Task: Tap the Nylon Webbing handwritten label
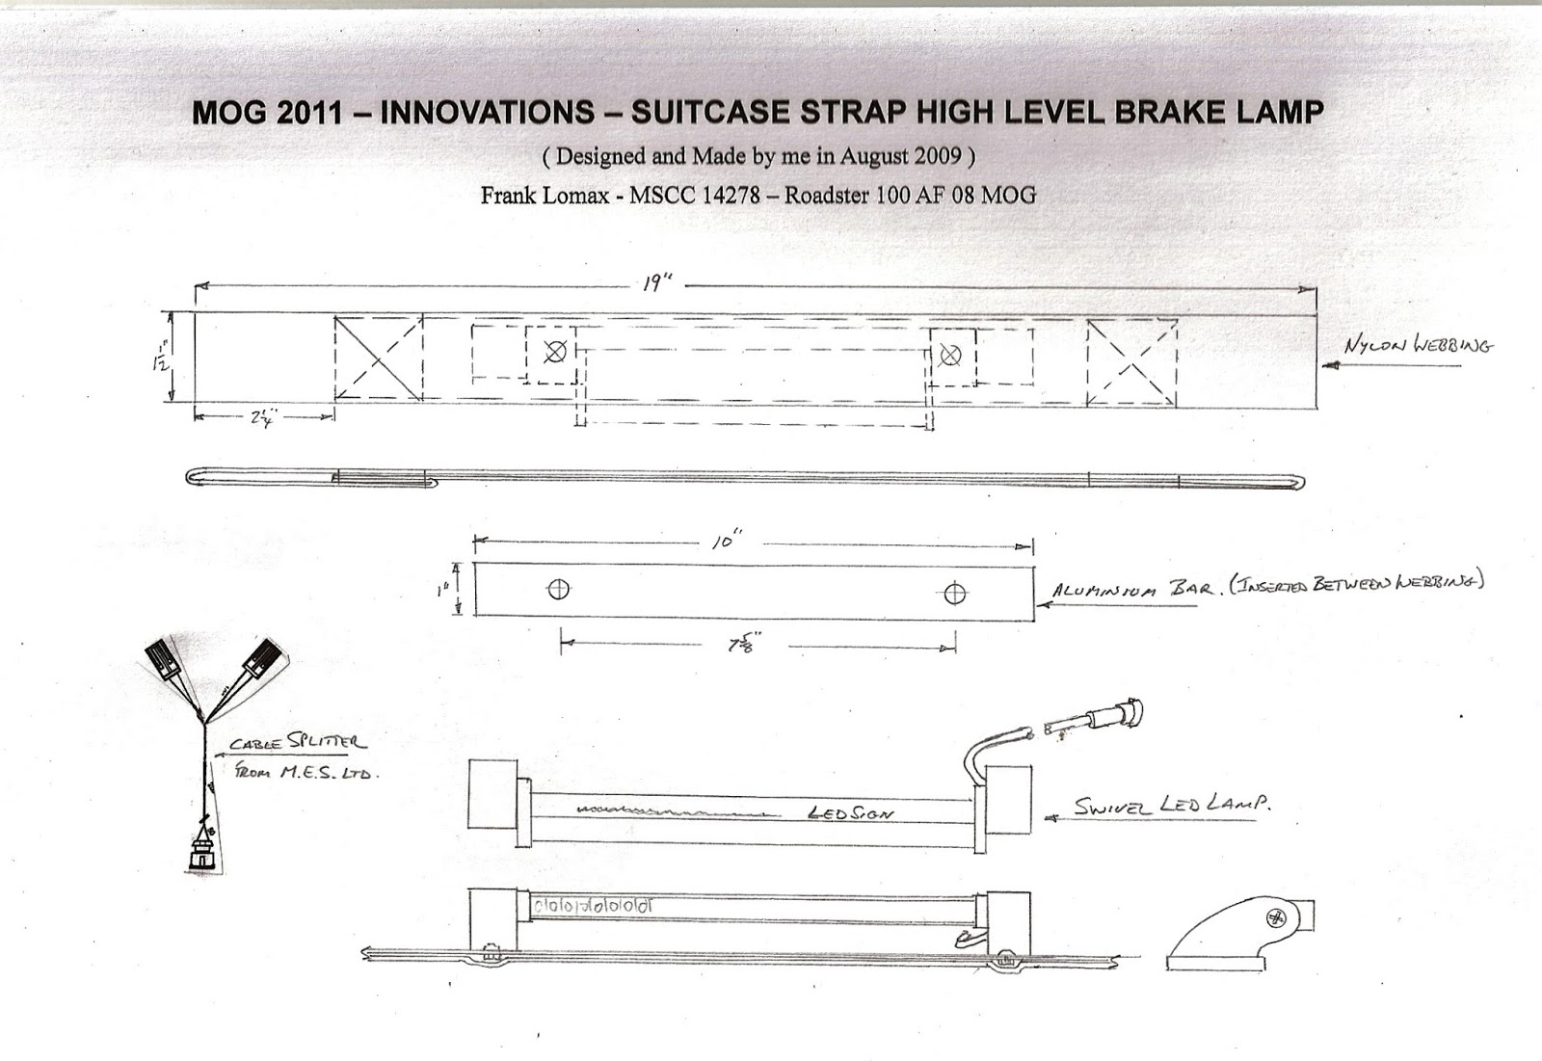point(1419,346)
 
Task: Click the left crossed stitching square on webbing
point(379,358)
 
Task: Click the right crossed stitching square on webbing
point(1132,362)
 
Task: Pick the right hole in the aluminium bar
point(955,593)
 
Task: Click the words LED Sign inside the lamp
point(848,814)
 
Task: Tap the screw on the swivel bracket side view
point(1279,917)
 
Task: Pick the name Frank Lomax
point(545,195)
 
